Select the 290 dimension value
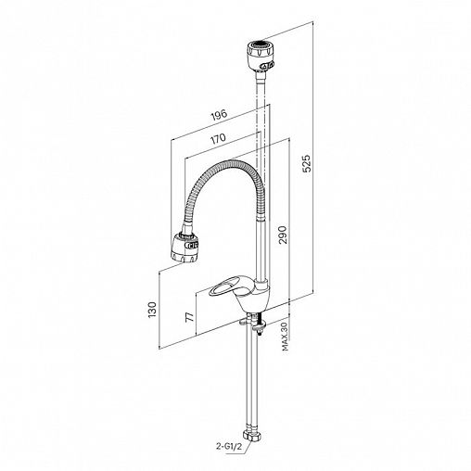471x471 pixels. [283, 235]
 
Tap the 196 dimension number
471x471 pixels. [219, 115]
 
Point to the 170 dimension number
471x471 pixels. [218, 138]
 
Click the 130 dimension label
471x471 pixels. [152, 310]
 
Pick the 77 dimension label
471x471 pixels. [189, 316]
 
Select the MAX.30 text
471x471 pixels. [285, 336]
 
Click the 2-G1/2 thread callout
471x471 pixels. [227, 446]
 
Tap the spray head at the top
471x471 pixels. [261, 56]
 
